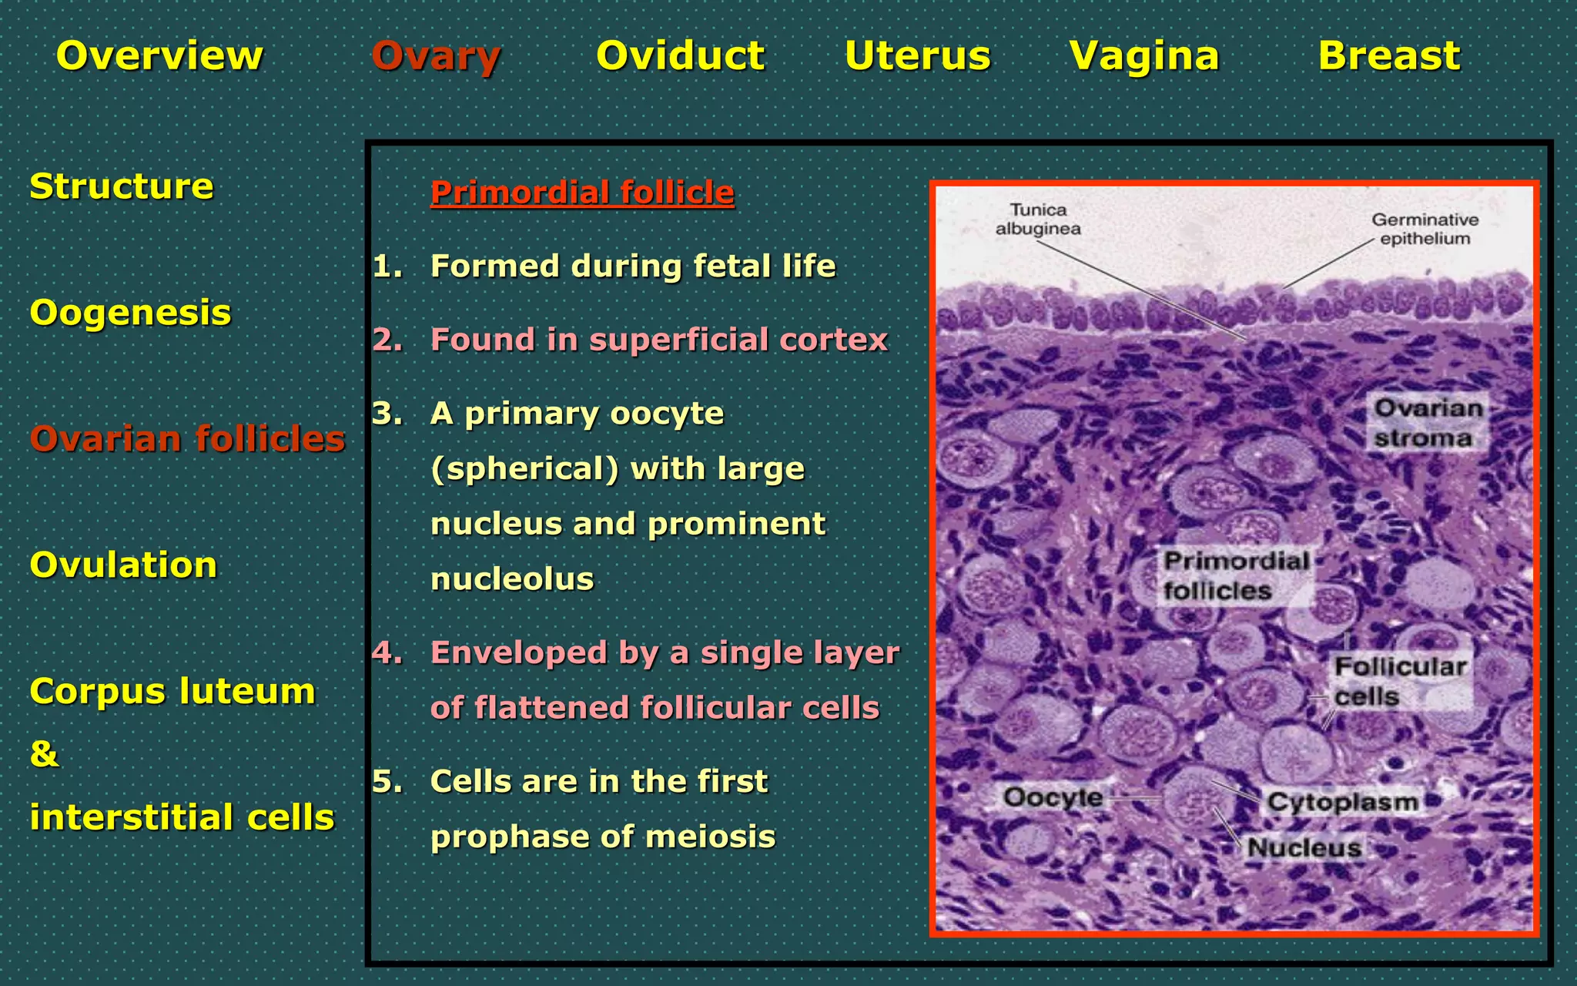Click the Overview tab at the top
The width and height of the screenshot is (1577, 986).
(x=159, y=56)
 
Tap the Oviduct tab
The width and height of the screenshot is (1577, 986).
(x=681, y=56)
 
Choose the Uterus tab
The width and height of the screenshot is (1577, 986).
(x=917, y=56)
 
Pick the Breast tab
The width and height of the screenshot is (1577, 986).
(x=1389, y=56)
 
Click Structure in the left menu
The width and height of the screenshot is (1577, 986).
(x=122, y=186)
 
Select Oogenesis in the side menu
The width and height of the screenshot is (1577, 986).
(x=130, y=313)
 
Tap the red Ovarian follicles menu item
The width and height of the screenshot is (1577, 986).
(x=187, y=439)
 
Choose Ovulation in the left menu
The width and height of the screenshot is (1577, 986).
(x=123, y=565)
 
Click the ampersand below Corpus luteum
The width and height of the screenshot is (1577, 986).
(x=44, y=754)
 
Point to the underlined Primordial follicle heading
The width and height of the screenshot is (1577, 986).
(x=582, y=193)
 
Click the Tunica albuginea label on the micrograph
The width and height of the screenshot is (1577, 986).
(x=1038, y=220)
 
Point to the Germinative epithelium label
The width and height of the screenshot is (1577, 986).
(x=1425, y=230)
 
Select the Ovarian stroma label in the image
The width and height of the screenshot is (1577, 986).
(x=1427, y=423)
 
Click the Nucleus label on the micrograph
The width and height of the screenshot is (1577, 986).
(x=1304, y=848)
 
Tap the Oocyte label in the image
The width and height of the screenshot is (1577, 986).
(x=1053, y=797)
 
